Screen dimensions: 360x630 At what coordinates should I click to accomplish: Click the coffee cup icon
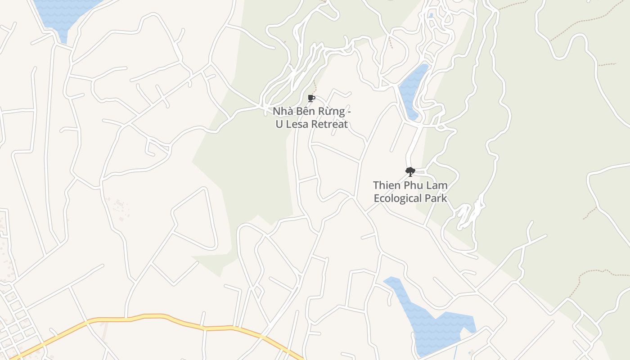tap(311, 99)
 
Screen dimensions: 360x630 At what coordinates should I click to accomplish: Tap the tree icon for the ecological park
tap(409, 171)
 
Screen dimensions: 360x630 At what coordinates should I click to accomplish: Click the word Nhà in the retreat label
tap(283, 111)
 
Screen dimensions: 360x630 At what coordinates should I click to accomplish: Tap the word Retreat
tap(331, 124)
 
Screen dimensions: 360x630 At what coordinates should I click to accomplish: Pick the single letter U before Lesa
tap(279, 124)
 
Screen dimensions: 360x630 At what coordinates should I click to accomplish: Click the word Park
tap(436, 198)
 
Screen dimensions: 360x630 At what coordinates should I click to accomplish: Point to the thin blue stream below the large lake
tap(456, 351)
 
